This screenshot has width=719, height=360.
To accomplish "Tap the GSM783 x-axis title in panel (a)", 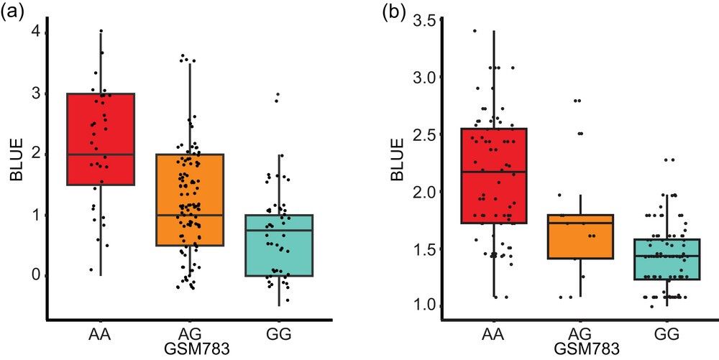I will [x=190, y=349].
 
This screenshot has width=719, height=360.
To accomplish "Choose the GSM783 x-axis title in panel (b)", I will [x=581, y=349].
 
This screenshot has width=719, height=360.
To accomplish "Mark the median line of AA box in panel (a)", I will [x=101, y=154].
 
